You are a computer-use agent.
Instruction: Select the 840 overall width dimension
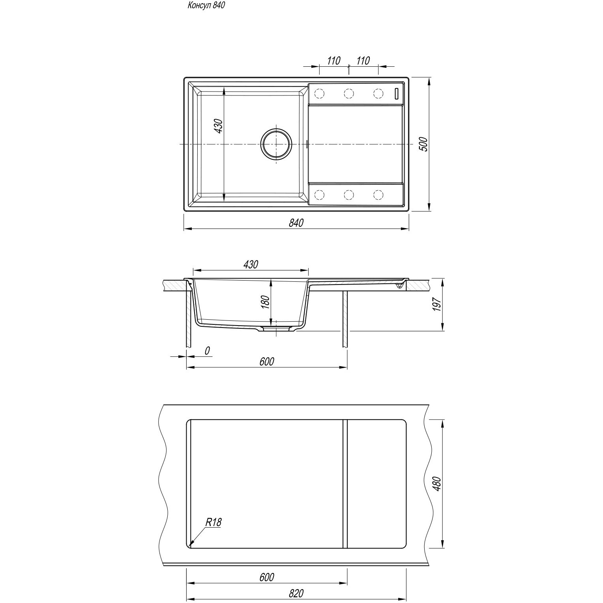click(x=296, y=223)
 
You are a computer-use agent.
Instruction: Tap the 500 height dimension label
click(x=423, y=144)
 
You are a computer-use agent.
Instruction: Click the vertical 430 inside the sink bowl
click(x=219, y=126)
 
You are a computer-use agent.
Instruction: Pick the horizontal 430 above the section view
click(x=250, y=264)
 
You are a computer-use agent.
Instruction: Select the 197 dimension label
click(x=436, y=304)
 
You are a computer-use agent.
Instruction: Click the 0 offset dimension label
click(x=208, y=350)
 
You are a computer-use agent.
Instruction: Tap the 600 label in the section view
click(x=267, y=361)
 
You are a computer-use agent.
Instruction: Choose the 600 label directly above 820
click(x=267, y=577)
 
